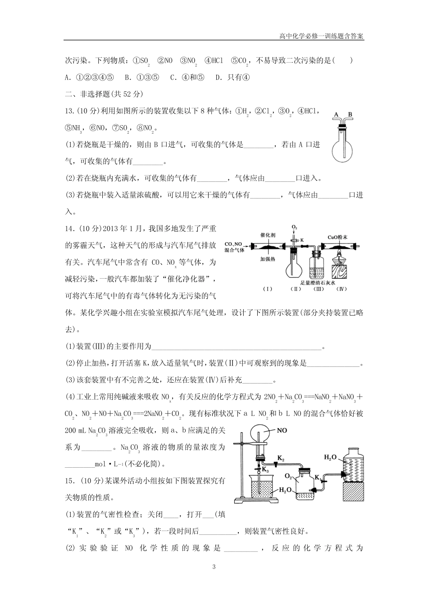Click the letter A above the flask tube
click(x=336, y=115)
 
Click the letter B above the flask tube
click(x=350, y=115)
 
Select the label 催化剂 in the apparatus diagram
click(x=268, y=235)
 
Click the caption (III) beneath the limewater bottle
click(x=319, y=289)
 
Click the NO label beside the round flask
click(x=282, y=430)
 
